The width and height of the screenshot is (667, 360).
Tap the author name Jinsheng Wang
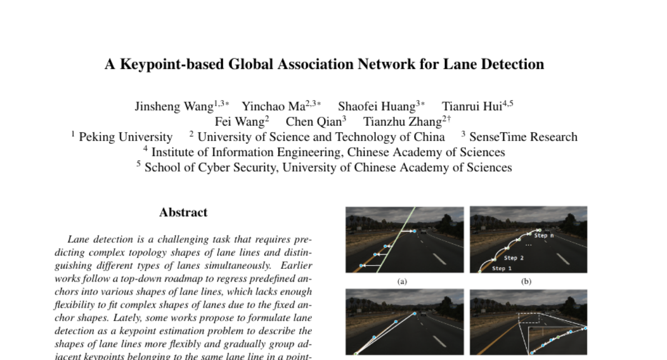pos(173,107)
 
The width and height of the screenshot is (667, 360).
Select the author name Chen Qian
pos(313,122)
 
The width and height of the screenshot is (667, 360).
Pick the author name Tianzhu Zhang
pos(402,122)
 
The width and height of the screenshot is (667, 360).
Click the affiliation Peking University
pos(126,137)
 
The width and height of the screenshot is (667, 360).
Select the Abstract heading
pos(183,212)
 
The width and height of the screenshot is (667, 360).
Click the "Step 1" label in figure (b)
pos(502,269)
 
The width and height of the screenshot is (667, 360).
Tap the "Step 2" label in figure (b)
pos(514,258)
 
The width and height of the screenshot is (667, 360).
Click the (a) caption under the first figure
pos(402,281)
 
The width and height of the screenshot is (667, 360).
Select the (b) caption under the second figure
pos(526,281)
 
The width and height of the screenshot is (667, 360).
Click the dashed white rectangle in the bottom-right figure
pos(529,317)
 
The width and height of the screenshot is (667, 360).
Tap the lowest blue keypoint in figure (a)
pos(361,266)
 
